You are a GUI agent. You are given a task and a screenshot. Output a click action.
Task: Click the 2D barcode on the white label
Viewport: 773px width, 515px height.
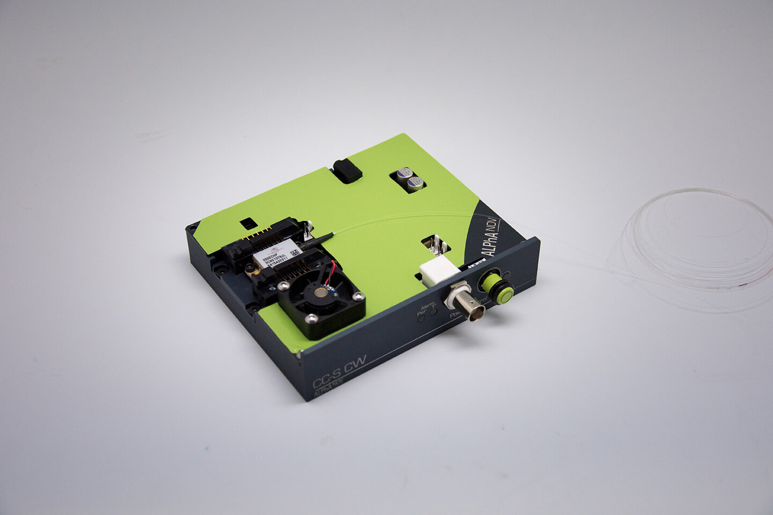click(x=294, y=252)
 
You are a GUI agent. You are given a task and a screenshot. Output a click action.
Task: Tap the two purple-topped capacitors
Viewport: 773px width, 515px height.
click(x=409, y=179)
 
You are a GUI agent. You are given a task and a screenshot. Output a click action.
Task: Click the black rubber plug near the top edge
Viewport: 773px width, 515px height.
click(x=347, y=171)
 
